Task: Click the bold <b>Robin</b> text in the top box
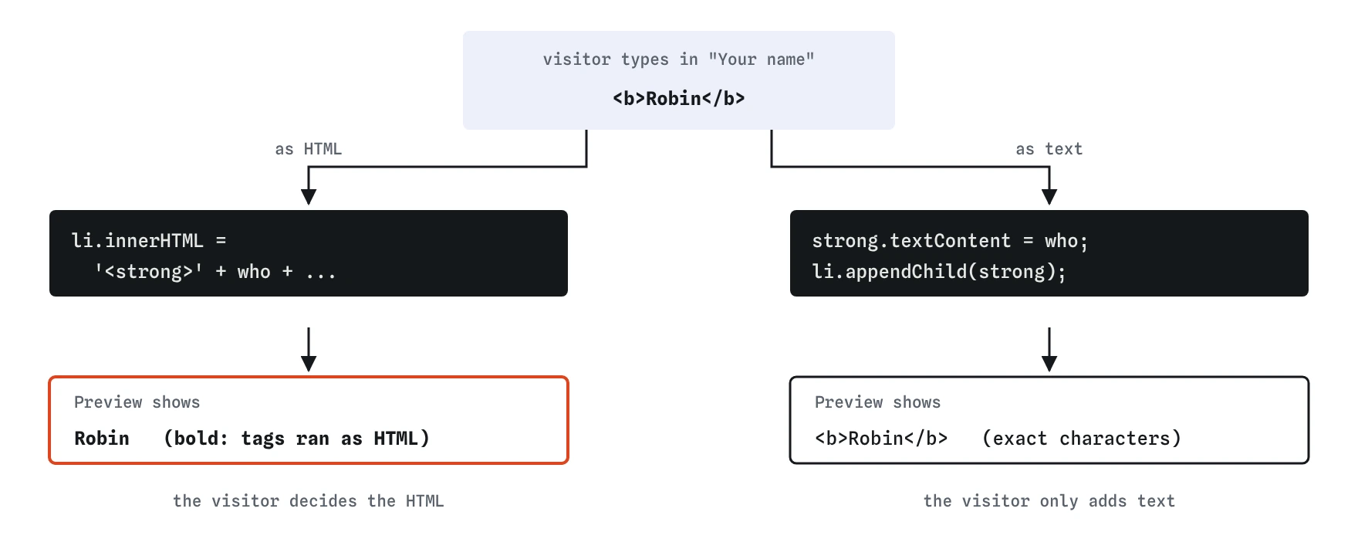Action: pyautogui.click(x=679, y=99)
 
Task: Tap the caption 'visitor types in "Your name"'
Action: pyautogui.click(x=679, y=59)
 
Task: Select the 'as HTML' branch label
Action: pyautogui.click(x=309, y=149)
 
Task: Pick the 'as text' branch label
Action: pyautogui.click(x=1049, y=149)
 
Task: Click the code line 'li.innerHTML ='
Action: pyautogui.click(x=149, y=241)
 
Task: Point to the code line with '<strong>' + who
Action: pyautogui.click(x=215, y=272)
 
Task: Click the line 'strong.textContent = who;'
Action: pyautogui.click(x=950, y=241)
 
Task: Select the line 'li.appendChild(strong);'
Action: pyautogui.click(x=939, y=272)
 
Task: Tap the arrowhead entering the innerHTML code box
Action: pyautogui.click(x=309, y=196)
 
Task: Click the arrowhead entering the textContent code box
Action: pyautogui.click(x=1049, y=196)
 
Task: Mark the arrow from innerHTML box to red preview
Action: pyautogui.click(x=309, y=350)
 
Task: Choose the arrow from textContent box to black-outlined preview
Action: pyautogui.click(x=1049, y=350)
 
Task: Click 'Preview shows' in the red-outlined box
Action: pyautogui.click(x=137, y=402)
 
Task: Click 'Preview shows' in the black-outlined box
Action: pyautogui.click(x=878, y=402)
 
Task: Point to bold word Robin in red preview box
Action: pyautogui.click(x=102, y=439)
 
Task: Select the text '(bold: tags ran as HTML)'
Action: pyautogui.click(x=297, y=439)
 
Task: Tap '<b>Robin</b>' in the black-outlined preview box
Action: pyautogui.click(x=881, y=439)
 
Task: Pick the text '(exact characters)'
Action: pyautogui.click(x=1082, y=439)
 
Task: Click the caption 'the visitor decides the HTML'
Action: pyautogui.click(x=309, y=501)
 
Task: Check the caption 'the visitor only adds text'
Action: pyautogui.click(x=1049, y=501)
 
